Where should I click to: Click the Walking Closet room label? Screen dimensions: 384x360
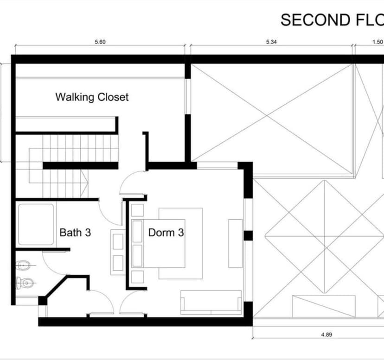pos(92,97)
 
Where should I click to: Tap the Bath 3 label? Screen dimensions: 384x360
pos(75,233)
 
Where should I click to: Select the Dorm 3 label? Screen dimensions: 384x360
pos(166,233)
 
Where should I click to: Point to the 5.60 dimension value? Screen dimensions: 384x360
pos(100,42)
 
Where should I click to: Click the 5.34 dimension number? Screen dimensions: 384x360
pos(271,42)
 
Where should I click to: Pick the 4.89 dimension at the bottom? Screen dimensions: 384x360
pos(326,335)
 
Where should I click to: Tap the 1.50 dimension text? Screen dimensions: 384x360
pos(378,42)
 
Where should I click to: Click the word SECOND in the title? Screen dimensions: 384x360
pos(315,20)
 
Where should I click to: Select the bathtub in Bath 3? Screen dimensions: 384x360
pos(36,224)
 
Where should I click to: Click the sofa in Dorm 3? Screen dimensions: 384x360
pos(211,302)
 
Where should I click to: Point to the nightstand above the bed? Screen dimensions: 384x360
pos(137,210)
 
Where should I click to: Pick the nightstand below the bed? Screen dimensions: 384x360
pos(137,277)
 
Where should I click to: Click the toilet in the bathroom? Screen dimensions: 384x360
pos(25,283)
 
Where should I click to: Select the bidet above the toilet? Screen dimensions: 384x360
pos(24,265)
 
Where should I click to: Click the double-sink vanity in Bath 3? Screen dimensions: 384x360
pos(118,252)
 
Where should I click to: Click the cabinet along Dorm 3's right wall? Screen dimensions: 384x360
pos(236,243)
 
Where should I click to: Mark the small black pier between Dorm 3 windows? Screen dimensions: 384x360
pos(248,235)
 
